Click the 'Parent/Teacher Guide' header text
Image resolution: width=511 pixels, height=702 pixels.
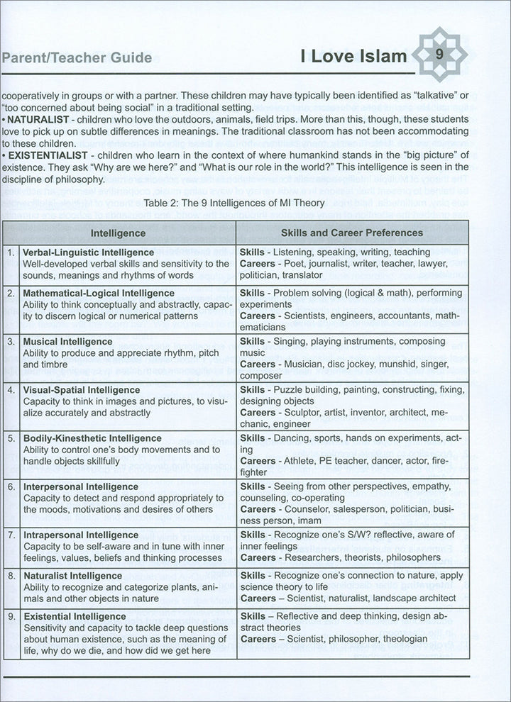click(x=77, y=57)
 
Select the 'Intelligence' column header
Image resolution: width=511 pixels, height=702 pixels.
click(x=119, y=233)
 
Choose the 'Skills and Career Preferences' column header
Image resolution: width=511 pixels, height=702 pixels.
click(x=352, y=233)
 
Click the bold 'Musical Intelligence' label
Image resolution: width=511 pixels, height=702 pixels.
click(x=67, y=341)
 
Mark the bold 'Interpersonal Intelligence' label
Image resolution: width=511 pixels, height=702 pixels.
click(x=80, y=487)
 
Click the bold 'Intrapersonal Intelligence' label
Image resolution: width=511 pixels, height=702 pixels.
click(x=81, y=535)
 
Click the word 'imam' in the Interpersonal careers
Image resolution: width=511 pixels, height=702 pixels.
click(x=320, y=520)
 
